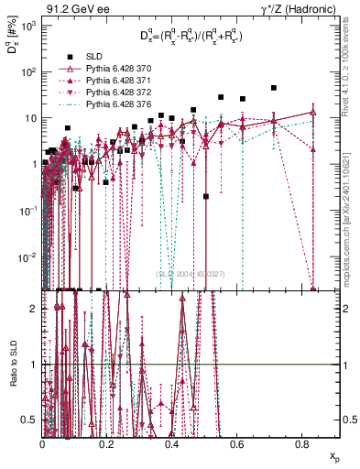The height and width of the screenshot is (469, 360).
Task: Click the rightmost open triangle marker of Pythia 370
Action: click(314, 113)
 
